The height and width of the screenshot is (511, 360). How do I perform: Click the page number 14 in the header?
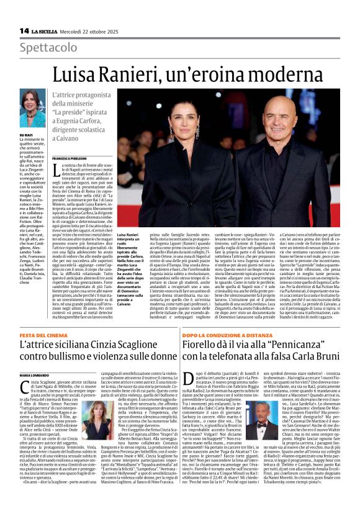tap(24, 30)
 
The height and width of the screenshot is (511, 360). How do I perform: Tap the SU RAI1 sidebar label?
tap(27, 134)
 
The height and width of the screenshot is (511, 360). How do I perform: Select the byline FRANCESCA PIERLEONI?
tap(71, 159)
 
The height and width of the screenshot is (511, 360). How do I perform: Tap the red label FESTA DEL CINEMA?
tap(42, 336)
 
